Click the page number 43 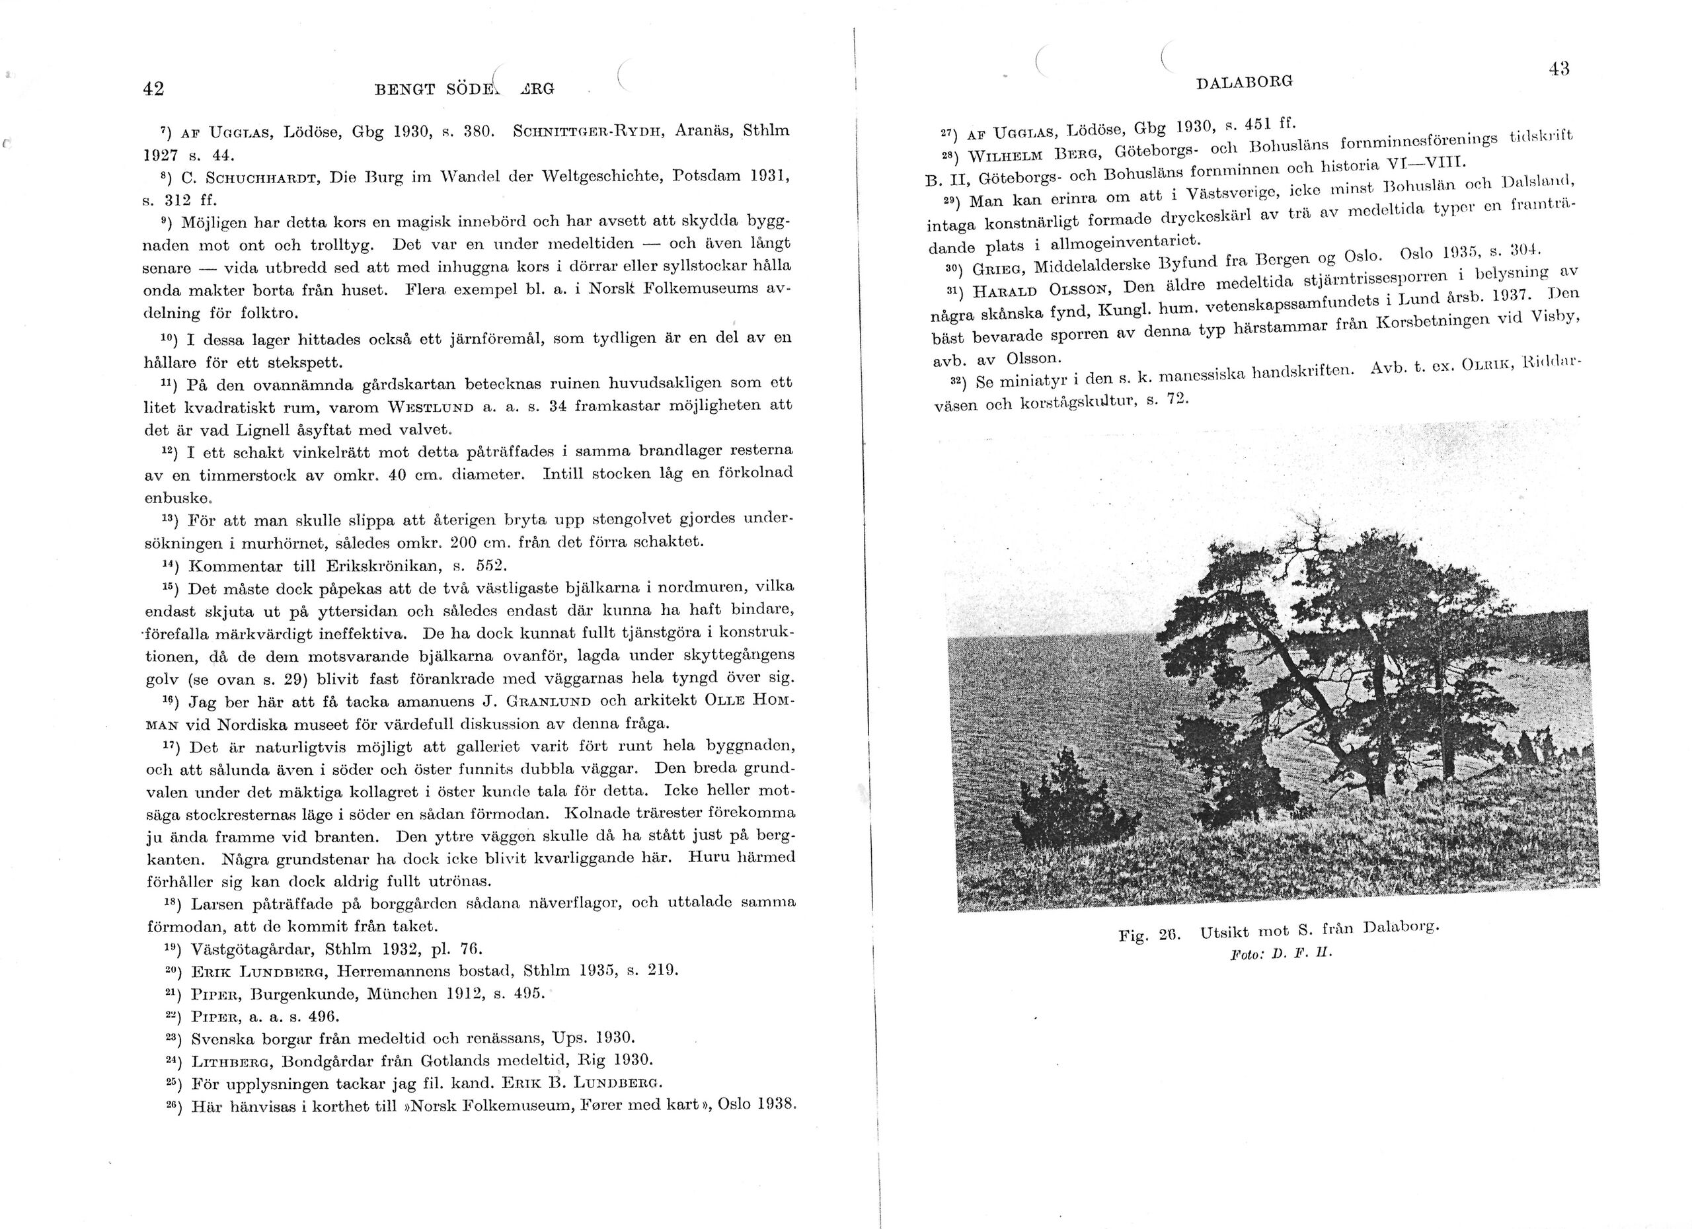tap(1558, 69)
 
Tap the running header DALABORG tap(1245, 82)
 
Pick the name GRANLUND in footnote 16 tap(549, 701)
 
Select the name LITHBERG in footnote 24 tap(238, 1060)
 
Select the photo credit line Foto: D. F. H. tap(1280, 954)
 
